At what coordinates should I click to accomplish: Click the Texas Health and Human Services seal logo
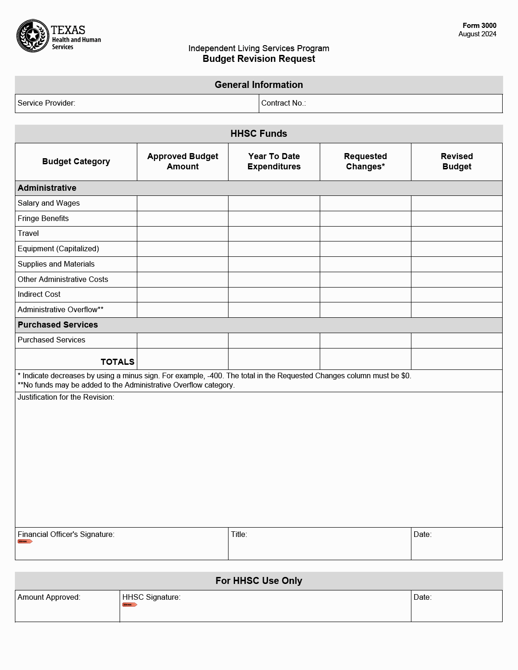(33, 36)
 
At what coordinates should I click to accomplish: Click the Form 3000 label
(479, 26)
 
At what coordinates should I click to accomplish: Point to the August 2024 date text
(477, 34)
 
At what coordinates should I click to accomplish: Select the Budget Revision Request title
(259, 59)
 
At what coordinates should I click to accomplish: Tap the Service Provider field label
(46, 103)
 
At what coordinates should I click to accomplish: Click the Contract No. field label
(283, 103)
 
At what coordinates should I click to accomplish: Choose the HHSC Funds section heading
(259, 134)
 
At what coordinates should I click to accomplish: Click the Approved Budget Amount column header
(182, 161)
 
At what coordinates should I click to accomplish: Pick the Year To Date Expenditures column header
(274, 161)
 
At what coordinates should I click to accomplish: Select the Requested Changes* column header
(365, 161)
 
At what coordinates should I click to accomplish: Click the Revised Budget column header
(457, 161)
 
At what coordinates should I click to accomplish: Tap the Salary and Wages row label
(48, 203)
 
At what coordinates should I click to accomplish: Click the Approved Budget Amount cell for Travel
(182, 234)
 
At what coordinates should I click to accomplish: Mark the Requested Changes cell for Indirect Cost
(365, 295)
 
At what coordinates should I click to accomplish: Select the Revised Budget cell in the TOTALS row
(457, 359)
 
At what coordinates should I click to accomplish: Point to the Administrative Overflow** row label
(61, 309)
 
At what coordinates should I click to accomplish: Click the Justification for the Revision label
(66, 397)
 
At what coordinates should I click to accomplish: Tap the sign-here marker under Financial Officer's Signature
(25, 542)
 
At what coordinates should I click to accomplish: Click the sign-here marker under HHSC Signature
(129, 605)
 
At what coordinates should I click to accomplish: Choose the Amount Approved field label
(49, 597)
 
